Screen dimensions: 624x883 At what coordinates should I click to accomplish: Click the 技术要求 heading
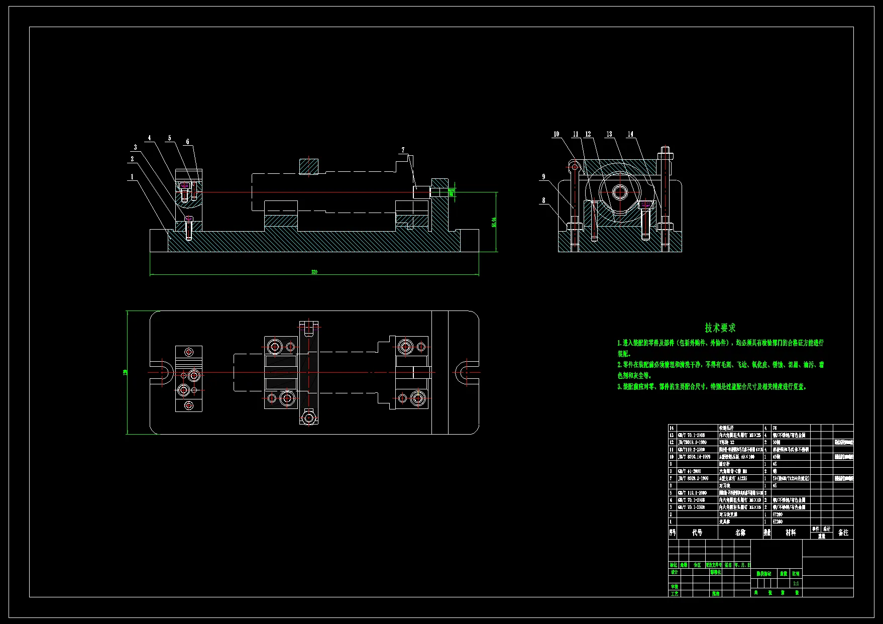click(720, 328)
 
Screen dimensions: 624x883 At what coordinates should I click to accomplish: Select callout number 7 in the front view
click(403, 150)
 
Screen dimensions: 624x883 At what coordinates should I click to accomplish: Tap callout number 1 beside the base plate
click(132, 177)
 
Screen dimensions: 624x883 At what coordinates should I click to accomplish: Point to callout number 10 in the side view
click(556, 134)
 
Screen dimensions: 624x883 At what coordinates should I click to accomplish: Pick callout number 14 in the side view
click(630, 134)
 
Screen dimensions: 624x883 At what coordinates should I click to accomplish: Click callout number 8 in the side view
click(543, 200)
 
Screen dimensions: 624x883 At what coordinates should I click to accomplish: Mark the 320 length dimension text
click(314, 272)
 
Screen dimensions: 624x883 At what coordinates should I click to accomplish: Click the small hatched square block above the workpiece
click(309, 166)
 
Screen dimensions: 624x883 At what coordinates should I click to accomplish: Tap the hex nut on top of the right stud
click(665, 155)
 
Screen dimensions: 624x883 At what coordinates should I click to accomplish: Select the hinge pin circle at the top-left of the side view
click(575, 166)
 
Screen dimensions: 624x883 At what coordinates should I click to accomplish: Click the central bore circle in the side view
click(620, 192)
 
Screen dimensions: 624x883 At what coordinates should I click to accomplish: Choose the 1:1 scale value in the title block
click(796, 583)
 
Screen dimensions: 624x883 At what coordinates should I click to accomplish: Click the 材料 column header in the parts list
click(791, 533)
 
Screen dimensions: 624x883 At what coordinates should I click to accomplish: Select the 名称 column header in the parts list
click(740, 533)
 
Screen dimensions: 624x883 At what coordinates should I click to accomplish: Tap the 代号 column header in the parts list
click(697, 533)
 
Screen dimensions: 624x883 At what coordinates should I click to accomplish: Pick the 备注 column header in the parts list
click(843, 533)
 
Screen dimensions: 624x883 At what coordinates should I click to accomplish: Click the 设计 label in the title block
click(674, 572)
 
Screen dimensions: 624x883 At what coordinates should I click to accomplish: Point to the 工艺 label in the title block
click(674, 593)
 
